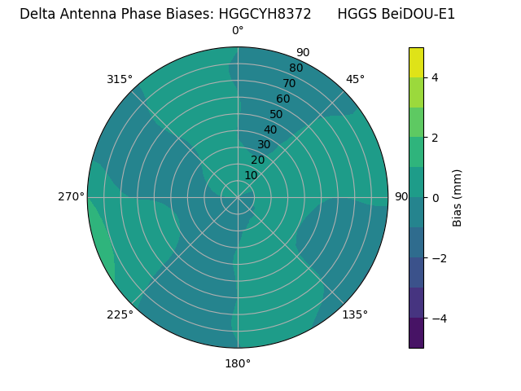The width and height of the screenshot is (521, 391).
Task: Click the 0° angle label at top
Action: [238, 31]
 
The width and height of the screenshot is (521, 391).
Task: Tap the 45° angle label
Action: [355, 79]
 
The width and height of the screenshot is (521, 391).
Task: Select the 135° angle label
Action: [355, 314]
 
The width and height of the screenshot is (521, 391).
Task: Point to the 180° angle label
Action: [238, 363]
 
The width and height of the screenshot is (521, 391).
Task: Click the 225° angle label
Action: [120, 314]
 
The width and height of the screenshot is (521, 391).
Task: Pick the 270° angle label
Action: [71, 196]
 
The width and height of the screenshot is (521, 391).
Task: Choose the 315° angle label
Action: [120, 79]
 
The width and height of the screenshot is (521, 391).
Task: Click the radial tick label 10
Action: [251, 175]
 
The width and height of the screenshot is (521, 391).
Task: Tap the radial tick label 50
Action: [276, 114]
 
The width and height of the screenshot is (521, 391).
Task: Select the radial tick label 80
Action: [296, 68]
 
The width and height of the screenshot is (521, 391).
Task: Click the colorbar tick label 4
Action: [436, 77]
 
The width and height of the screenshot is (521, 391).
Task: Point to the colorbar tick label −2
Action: [436, 257]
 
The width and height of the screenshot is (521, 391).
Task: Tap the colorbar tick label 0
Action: [436, 197]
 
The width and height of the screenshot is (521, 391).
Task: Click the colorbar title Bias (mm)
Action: [458, 197]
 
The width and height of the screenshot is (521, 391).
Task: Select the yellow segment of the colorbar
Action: [416, 62]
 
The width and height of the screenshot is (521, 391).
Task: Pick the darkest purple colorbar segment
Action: [416, 333]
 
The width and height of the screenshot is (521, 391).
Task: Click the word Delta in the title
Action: [37, 14]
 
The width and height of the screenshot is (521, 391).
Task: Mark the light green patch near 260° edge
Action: [101, 244]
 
